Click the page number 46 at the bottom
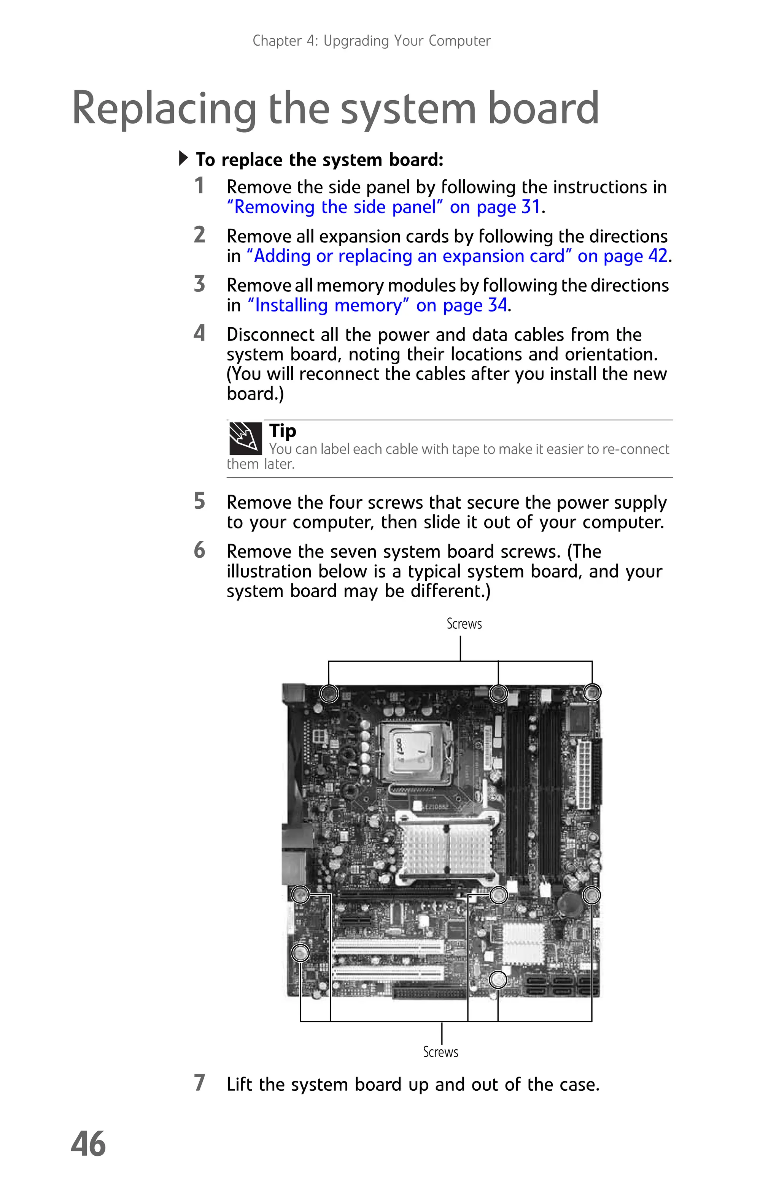(89, 1144)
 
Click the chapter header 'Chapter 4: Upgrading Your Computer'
(371, 41)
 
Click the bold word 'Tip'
(283, 431)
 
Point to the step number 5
(200, 501)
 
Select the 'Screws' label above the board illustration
(464, 624)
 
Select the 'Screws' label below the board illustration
(440, 1052)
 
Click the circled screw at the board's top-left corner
(329, 693)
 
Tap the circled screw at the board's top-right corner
(591, 692)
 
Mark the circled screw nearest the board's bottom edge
(498, 980)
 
